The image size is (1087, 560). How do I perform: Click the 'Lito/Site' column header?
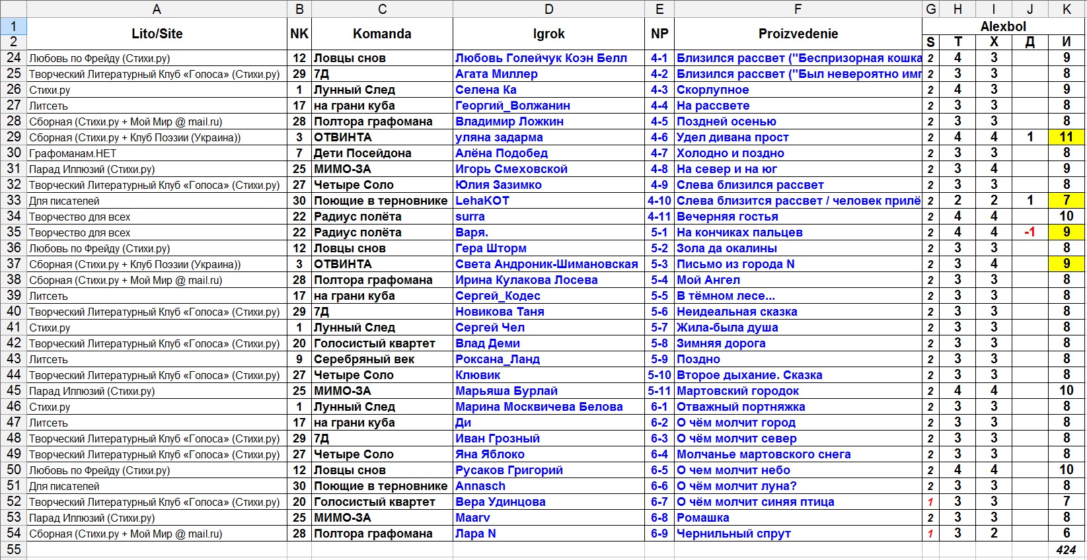tap(157, 34)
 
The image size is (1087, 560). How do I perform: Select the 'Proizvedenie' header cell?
tap(798, 34)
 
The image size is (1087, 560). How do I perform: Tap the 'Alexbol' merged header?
tap(1003, 26)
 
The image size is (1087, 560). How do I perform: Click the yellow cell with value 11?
tap(1066, 137)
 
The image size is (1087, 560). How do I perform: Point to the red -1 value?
tap(1030, 232)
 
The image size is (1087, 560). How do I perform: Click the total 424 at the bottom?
tap(1065, 549)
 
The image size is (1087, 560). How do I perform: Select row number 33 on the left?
tap(13, 201)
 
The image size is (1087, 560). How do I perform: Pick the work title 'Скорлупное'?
tap(713, 90)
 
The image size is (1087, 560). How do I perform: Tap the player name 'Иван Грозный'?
tap(498, 438)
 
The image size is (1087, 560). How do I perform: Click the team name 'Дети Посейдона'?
tap(362, 153)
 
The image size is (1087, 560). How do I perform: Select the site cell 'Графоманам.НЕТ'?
tap(73, 153)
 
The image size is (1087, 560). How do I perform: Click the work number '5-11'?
tap(659, 391)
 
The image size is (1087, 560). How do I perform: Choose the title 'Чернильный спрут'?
tap(733, 534)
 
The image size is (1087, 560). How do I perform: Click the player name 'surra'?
tap(470, 217)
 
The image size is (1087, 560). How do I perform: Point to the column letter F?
tap(798, 9)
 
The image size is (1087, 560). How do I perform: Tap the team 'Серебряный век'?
tap(363, 359)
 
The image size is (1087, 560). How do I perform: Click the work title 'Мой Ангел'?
tap(708, 280)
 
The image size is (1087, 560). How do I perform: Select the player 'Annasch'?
tap(480, 486)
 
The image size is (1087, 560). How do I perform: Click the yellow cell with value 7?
tap(1066, 201)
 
